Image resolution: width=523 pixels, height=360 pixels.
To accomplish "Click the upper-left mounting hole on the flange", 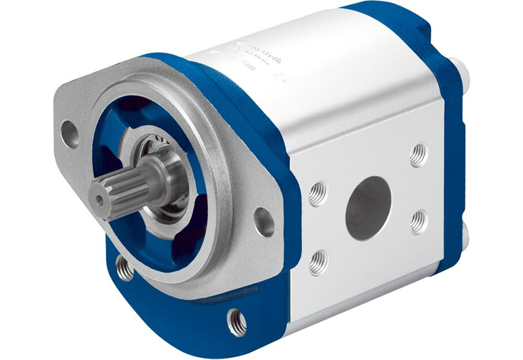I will point(71,133).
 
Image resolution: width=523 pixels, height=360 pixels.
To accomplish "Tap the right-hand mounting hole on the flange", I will point(264,221).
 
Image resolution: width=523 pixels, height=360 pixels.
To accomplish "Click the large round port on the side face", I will point(368,207).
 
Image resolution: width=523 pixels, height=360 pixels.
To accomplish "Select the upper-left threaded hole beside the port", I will point(318,191).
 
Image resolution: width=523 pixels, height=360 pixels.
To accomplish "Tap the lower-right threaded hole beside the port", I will point(418,222).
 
